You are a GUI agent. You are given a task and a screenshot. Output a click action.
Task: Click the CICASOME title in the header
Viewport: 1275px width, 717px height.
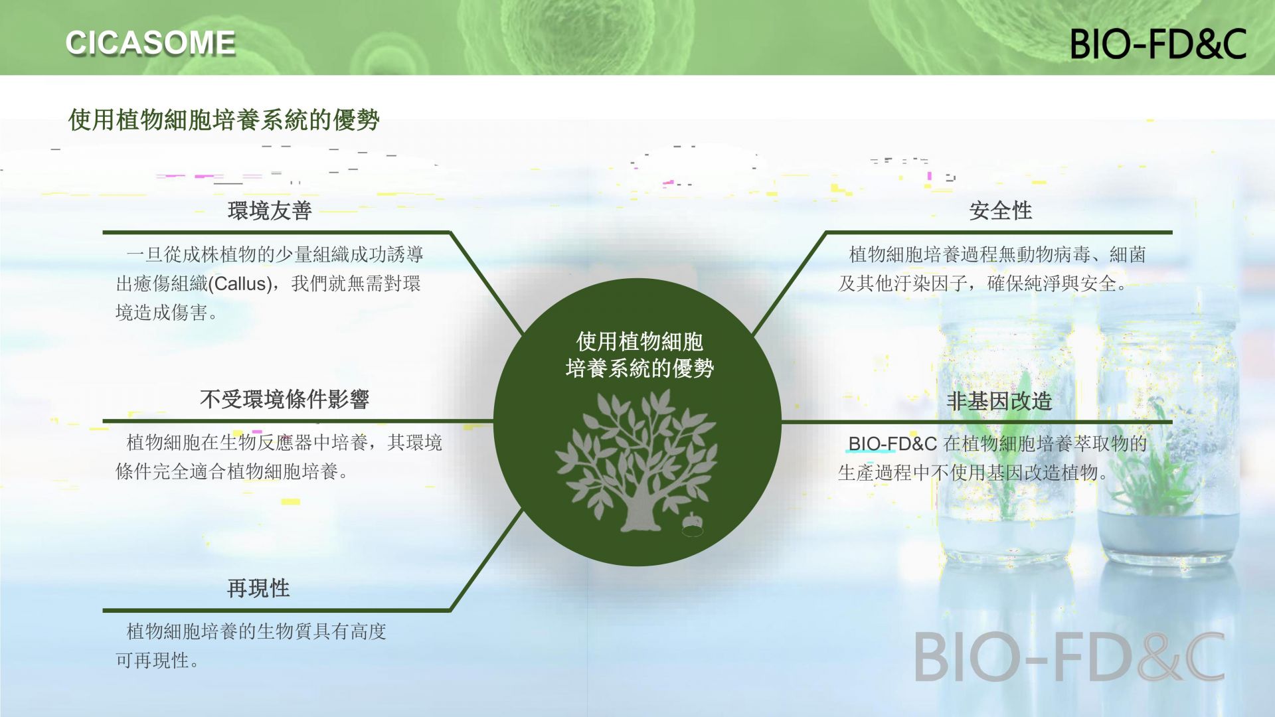pyautogui.click(x=151, y=43)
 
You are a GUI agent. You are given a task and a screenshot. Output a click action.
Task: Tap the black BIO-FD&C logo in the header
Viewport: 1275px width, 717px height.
pyautogui.click(x=1158, y=44)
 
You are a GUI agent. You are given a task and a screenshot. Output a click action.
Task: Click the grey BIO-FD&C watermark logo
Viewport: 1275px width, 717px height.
pyautogui.click(x=1070, y=657)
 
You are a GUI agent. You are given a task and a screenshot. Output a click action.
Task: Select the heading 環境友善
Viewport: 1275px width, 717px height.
pyautogui.click(x=270, y=210)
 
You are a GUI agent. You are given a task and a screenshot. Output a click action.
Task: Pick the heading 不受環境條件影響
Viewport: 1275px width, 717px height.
pyautogui.click(x=284, y=399)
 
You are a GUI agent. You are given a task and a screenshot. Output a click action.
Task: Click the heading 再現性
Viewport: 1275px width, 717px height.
pyautogui.click(x=258, y=588)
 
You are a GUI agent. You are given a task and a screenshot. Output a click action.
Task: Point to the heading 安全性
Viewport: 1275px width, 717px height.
pyautogui.click(x=1000, y=210)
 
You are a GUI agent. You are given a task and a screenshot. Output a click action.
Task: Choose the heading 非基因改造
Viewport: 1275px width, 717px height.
pyautogui.click(x=999, y=401)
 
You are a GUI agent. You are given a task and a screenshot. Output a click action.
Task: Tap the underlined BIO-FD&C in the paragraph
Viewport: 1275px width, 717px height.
pyautogui.click(x=892, y=443)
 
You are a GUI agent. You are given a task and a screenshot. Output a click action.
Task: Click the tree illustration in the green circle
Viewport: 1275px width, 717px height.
pyautogui.click(x=636, y=461)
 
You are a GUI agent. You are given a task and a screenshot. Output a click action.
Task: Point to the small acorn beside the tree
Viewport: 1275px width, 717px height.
pyautogui.click(x=692, y=524)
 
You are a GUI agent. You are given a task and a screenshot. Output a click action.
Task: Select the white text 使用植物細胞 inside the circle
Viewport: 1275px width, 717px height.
pyautogui.click(x=639, y=341)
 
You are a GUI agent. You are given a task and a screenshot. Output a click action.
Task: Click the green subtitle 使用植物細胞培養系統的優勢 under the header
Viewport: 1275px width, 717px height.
pyautogui.click(x=224, y=120)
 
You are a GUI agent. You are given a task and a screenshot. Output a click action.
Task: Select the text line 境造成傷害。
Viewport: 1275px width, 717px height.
pyautogui.click(x=167, y=313)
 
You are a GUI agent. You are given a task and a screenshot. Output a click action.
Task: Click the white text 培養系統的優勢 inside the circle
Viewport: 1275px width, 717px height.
pyautogui.click(x=639, y=368)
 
